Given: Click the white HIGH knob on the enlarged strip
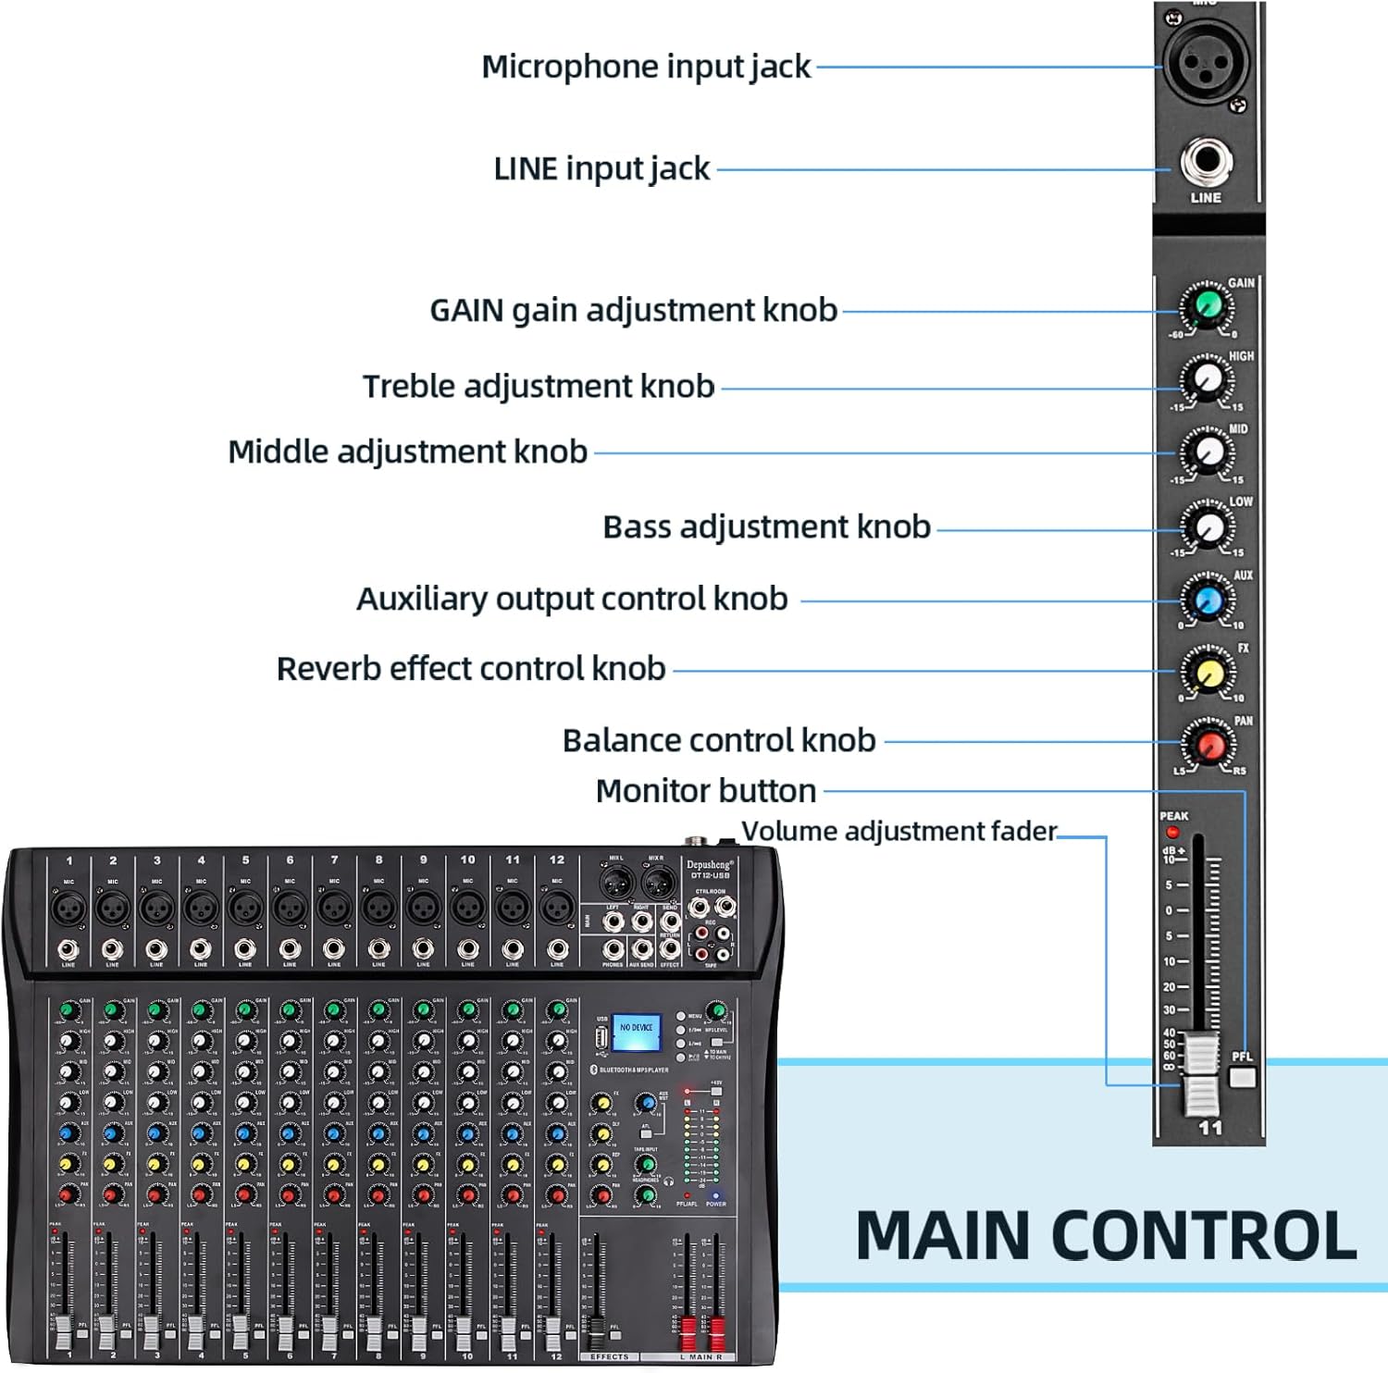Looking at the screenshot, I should click(1208, 378).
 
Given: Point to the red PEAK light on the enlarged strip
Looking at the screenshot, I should click(1173, 833).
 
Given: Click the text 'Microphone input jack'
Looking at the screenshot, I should click(646, 67).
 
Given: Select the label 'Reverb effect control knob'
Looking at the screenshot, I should click(471, 668).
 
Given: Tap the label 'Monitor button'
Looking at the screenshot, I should click(706, 791).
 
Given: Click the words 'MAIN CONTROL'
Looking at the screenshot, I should click(1106, 1236).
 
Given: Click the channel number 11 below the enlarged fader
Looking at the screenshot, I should click(1209, 1128).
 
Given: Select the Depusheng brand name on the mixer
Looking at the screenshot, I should click(710, 864).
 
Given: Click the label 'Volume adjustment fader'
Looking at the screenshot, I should click(898, 831).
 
